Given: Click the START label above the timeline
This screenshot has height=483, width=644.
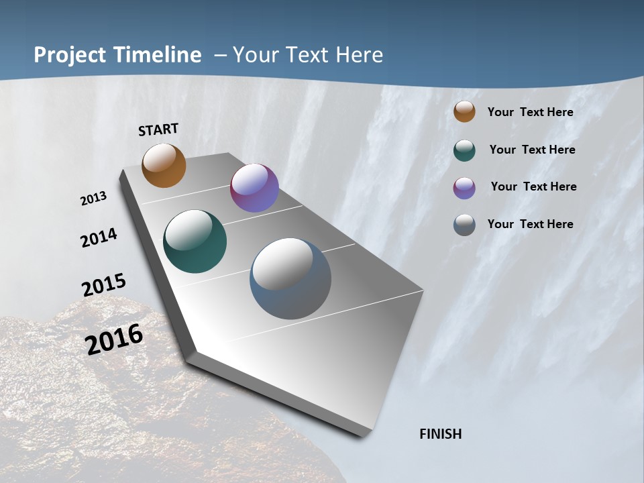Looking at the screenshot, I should click(158, 129).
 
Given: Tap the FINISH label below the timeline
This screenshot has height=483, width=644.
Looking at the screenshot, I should click(441, 434).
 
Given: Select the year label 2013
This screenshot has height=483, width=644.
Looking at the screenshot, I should click(93, 199).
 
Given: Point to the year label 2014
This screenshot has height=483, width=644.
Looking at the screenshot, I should click(99, 238).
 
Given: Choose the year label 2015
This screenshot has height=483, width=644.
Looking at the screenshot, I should click(104, 285).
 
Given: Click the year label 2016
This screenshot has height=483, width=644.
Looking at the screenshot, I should click(114, 339).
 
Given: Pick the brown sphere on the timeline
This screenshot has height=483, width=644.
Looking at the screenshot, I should click(164, 165).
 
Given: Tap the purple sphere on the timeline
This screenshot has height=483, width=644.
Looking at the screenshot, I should click(254, 188).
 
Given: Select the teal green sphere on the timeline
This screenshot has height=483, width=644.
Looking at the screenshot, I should click(195, 241).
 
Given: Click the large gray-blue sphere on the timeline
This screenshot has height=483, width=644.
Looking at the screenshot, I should click(290, 278).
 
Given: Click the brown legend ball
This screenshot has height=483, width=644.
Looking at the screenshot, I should click(464, 111).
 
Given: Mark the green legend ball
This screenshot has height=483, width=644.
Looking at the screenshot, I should click(464, 150).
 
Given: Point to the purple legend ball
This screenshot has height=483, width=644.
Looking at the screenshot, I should click(464, 188).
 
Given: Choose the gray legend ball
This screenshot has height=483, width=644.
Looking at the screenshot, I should click(464, 225).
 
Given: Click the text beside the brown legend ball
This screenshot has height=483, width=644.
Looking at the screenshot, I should click(530, 112).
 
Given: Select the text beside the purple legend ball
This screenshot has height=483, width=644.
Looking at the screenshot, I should click(533, 186).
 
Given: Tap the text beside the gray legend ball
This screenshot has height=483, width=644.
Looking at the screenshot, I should click(530, 224).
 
